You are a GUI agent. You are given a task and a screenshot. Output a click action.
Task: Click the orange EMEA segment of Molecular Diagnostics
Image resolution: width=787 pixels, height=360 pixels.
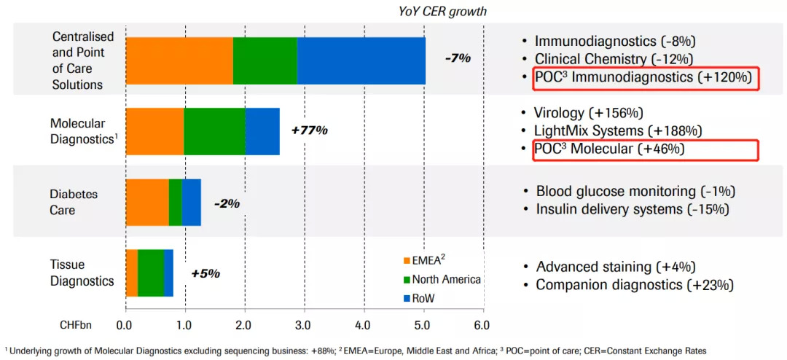[154, 131]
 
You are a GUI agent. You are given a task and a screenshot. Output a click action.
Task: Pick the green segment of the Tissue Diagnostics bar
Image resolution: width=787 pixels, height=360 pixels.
[151, 273]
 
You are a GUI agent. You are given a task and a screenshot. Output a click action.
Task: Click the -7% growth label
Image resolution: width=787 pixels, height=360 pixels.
[458, 58]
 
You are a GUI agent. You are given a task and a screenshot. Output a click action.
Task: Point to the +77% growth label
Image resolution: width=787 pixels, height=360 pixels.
[309, 130]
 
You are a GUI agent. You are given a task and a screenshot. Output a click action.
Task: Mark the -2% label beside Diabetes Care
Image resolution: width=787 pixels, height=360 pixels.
[227, 203]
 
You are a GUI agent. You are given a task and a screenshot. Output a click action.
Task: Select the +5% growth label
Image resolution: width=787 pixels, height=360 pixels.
[205, 273]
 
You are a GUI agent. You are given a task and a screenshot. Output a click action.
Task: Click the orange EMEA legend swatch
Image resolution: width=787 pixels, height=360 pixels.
[405, 260]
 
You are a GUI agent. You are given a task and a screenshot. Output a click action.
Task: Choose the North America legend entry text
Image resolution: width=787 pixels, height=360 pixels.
[446, 279]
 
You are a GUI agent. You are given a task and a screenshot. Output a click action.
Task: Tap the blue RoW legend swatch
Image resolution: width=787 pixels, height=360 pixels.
[405, 298]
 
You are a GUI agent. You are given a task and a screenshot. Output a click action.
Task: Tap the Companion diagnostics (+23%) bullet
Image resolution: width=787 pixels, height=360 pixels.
[634, 285]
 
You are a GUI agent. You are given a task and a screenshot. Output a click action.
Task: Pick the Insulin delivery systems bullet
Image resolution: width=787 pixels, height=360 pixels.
[633, 209]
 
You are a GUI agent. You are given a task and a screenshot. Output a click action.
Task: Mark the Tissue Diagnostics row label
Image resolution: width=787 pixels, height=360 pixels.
[82, 273]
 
